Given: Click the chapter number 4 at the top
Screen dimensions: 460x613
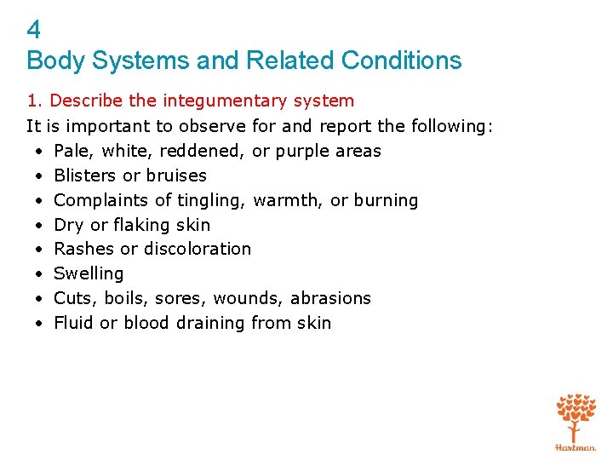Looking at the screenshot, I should [33, 31].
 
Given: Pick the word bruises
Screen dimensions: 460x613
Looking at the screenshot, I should [176, 175].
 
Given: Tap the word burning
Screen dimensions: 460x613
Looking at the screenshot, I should [386, 200].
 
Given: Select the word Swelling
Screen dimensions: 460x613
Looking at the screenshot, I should [89, 273].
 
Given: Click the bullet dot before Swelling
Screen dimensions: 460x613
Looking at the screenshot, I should [40, 273].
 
